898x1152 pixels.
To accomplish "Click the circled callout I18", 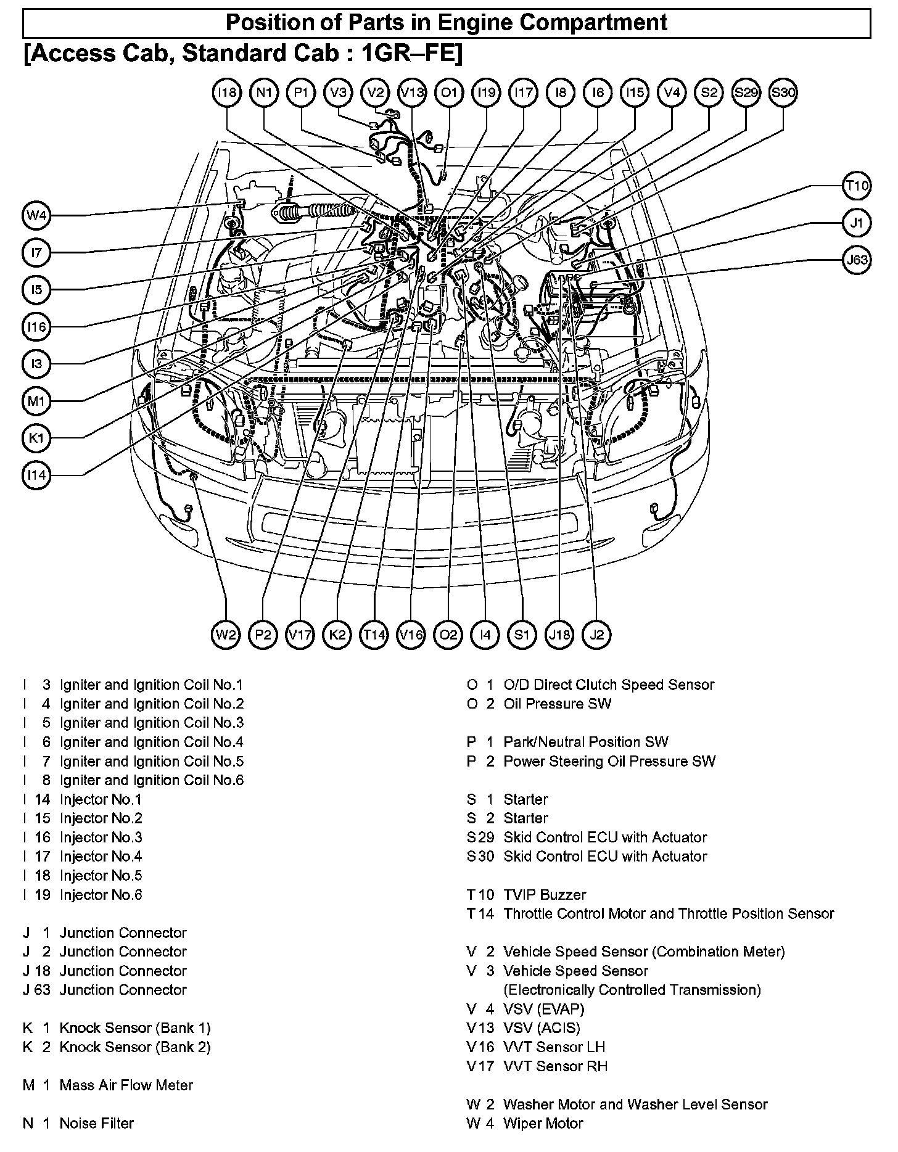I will pyautogui.click(x=227, y=93).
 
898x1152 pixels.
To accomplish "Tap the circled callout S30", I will pyautogui.click(x=783, y=93).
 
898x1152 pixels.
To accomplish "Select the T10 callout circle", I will pyautogui.click(x=857, y=186).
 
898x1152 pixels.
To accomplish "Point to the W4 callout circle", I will pyautogui.click(x=37, y=216).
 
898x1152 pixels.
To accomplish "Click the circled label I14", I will pyautogui.click(x=37, y=475).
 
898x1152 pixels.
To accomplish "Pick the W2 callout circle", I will pyautogui.click(x=226, y=635).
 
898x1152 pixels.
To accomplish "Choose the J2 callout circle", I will pyautogui.click(x=597, y=635).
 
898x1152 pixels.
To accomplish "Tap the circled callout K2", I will pyautogui.click(x=337, y=635).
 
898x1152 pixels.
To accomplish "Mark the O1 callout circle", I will pyautogui.click(x=449, y=93).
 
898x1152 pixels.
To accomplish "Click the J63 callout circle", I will pyautogui.click(x=857, y=260).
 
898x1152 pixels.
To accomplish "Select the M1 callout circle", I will pyautogui.click(x=37, y=401).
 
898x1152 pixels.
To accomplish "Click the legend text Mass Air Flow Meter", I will pyautogui.click(x=126, y=1085).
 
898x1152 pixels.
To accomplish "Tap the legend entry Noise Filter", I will pyautogui.click(x=96, y=1123).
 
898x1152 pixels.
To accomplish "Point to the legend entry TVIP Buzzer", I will pyautogui.click(x=545, y=894).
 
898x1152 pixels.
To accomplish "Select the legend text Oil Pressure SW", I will pyautogui.click(x=557, y=704).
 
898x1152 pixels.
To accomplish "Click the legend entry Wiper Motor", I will pyautogui.click(x=543, y=1123).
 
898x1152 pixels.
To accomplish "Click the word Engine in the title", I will pyautogui.click(x=476, y=23).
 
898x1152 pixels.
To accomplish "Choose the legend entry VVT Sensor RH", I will pyautogui.click(x=555, y=1066).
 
